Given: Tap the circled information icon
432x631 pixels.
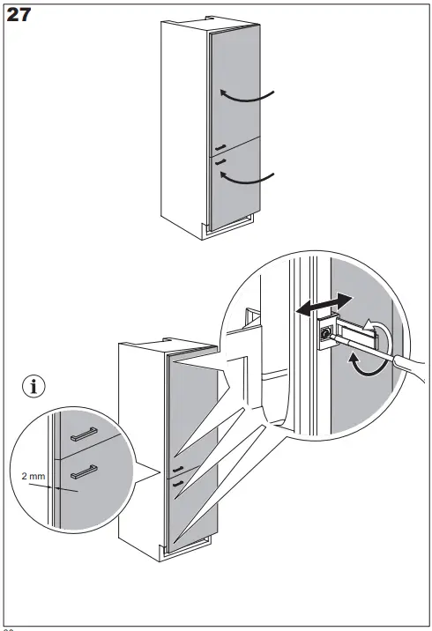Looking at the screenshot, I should [34, 385].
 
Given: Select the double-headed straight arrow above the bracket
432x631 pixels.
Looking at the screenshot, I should [318, 307].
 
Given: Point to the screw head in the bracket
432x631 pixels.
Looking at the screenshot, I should [327, 334].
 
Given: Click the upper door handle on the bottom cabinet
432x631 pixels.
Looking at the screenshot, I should [179, 469].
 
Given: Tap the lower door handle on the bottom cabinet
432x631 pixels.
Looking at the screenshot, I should [179, 483].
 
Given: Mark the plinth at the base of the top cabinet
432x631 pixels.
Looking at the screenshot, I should [229, 227].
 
